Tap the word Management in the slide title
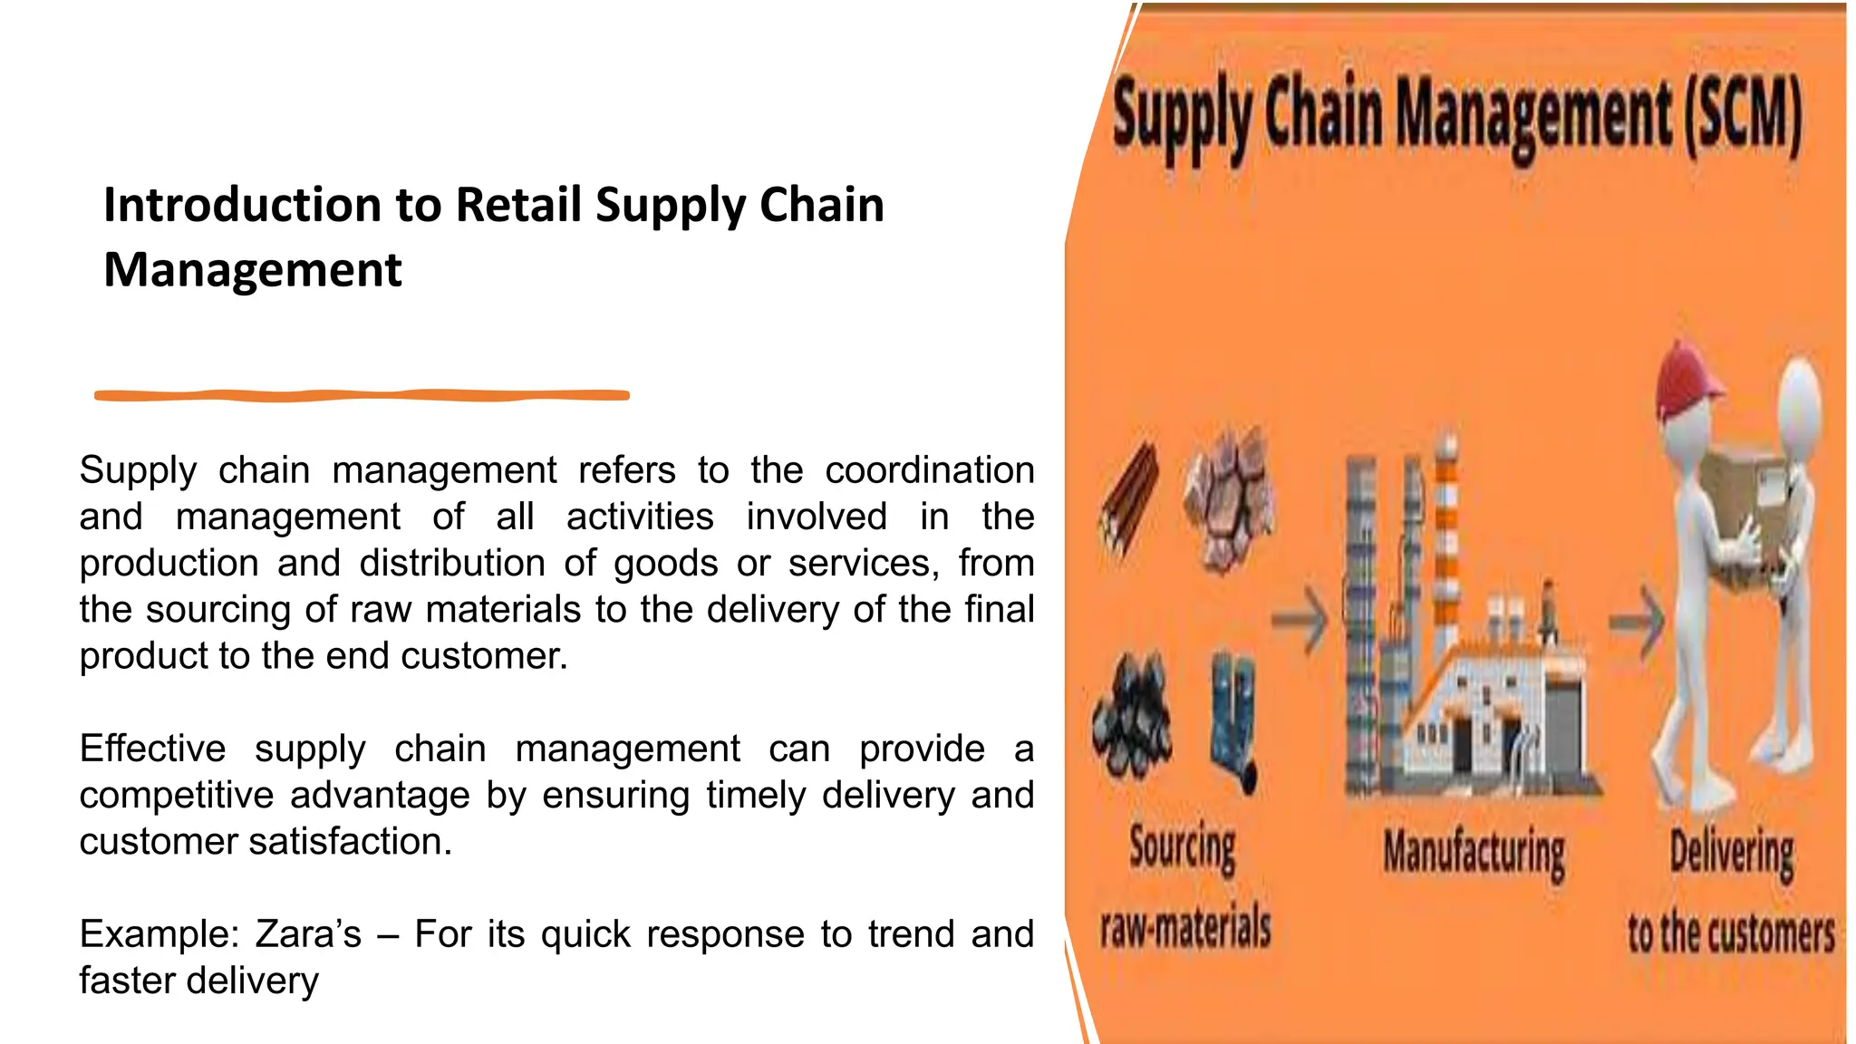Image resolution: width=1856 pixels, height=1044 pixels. pyautogui.click(x=252, y=270)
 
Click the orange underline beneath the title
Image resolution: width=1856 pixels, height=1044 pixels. pyautogui.click(x=362, y=395)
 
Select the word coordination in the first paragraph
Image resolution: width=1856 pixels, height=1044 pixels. pyautogui.click(x=929, y=470)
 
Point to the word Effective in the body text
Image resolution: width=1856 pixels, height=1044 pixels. pyautogui.click(x=152, y=749)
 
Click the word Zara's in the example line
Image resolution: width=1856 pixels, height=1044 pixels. pyautogui.click(x=308, y=934)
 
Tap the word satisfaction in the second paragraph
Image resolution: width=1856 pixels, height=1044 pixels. pyautogui.click(x=350, y=842)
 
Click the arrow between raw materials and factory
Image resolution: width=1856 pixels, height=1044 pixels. pyautogui.click(x=1300, y=619)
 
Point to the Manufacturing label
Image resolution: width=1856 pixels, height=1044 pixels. pyautogui.click(x=1474, y=854)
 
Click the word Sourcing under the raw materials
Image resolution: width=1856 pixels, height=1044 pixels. pyautogui.click(x=1182, y=848)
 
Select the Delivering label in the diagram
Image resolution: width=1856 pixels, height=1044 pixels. pyautogui.click(x=1731, y=853)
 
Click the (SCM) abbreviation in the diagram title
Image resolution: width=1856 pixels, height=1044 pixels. pyautogui.click(x=1742, y=116)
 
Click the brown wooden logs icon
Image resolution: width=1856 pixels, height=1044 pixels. pyautogui.click(x=1129, y=498)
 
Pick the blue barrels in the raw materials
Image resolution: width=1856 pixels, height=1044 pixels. pyautogui.click(x=1233, y=717)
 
